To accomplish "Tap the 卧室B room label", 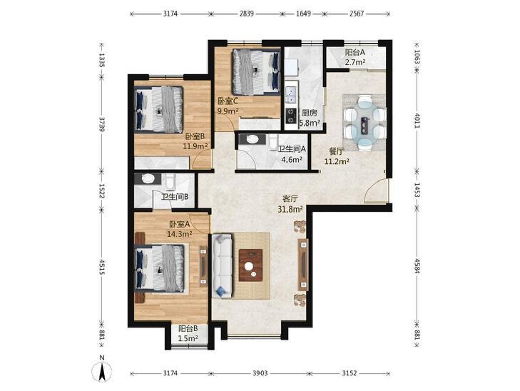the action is (195, 136).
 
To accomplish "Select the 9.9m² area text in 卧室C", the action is (228, 111).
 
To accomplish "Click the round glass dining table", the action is (364, 123).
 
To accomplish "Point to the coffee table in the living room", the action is (251, 265).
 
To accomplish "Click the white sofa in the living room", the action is (222, 265).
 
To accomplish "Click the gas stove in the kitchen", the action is (291, 116).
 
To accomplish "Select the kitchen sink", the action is (291, 93).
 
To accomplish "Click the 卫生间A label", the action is (292, 150).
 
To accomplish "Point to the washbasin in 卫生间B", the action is (148, 179).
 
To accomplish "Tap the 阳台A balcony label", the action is (355, 52).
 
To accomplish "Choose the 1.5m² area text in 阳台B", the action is (188, 339).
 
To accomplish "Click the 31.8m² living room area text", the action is (290, 209).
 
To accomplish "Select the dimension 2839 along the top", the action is (246, 14).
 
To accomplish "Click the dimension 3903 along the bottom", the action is (260, 373).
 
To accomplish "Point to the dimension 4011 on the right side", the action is (417, 121).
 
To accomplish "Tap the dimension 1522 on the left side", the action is (102, 191).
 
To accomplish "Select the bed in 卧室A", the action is (160, 268).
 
